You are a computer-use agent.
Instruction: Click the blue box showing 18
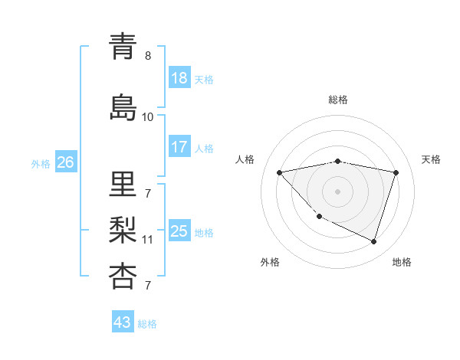tap(179, 78)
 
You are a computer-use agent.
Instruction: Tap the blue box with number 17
tap(179, 147)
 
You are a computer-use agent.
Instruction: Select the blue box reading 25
tap(179, 231)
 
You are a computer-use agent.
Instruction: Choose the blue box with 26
tap(65, 162)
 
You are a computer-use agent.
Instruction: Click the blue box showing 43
tap(123, 322)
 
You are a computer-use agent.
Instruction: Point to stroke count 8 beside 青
tap(148, 56)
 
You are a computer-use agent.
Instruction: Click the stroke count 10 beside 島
tap(148, 116)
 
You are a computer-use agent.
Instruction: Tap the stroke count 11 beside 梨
tap(148, 239)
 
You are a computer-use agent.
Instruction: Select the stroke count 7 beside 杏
tap(148, 286)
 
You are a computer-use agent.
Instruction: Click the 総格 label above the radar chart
tap(338, 100)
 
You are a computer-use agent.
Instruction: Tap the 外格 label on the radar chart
tap(270, 262)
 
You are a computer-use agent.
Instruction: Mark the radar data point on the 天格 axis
tap(396, 172)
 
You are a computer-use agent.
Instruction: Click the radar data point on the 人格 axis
tap(280, 172)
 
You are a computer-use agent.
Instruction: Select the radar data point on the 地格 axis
tap(373, 241)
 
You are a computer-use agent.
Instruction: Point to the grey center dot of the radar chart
tap(337, 191)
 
